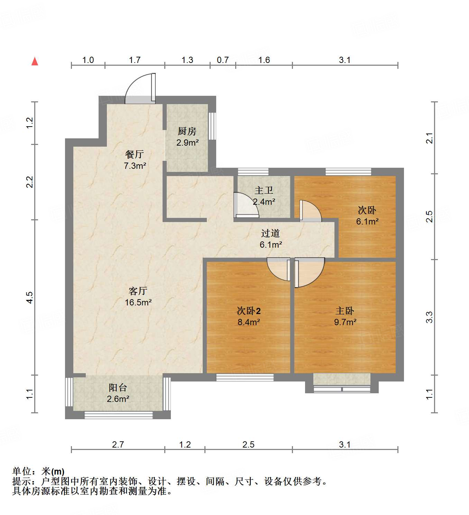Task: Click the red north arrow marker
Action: pyautogui.click(x=35, y=61)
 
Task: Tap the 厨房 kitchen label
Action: pyautogui.click(x=187, y=131)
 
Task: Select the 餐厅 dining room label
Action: pyautogui.click(x=134, y=154)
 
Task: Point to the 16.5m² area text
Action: pyautogui.click(x=138, y=302)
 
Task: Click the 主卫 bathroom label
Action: pyautogui.click(x=264, y=190)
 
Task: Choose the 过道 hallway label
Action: pyautogui.click(x=270, y=233)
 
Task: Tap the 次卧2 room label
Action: pyautogui.click(x=248, y=311)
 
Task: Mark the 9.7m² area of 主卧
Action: pyautogui.click(x=345, y=322)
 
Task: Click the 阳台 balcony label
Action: pyautogui.click(x=118, y=388)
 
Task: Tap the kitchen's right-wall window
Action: pyautogui.click(x=212, y=126)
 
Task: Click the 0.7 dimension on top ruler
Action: pyautogui.click(x=222, y=60)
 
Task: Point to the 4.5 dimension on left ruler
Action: pyautogui.click(x=30, y=297)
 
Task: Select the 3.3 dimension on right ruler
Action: pyautogui.click(x=429, y=317)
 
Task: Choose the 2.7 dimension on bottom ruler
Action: pyautogui.click(x=118, y=444)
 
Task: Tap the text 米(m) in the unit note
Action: pyautogui.click(x=53, y=471)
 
